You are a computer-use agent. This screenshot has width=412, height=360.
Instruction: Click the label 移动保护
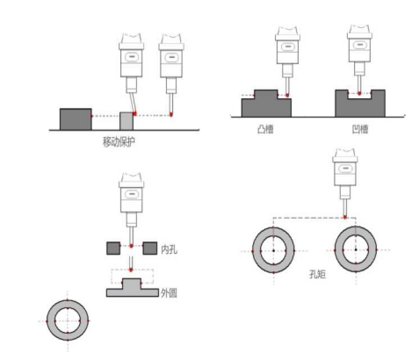tap(119, 142)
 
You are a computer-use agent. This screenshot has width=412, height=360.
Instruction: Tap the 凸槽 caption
tap(265, 129)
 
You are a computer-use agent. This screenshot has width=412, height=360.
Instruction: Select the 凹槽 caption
tap(360, 129)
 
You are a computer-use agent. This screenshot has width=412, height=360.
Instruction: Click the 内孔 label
tap(169, 249)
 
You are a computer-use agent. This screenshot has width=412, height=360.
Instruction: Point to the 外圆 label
tap(169, 292)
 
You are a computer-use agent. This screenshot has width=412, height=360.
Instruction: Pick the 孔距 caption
tap(317, 274)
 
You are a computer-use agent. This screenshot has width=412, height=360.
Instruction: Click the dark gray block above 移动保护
tap(76, 119)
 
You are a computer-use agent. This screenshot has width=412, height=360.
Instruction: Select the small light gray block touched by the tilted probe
tap(126, 121)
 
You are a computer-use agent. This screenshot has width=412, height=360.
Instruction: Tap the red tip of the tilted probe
tap(134, 113)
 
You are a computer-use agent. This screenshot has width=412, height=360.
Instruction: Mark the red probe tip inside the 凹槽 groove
tap(359, 93)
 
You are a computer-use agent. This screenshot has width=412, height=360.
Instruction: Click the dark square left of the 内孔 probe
tap(113, 248)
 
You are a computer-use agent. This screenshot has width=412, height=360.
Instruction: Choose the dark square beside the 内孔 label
tap(150, 248)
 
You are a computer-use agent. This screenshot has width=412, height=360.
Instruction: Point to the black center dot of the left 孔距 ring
tap(273, 250)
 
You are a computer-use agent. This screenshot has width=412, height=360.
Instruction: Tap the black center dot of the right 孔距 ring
tap(356, 249)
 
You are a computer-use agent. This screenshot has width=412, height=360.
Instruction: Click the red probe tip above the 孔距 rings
tap(345, 217)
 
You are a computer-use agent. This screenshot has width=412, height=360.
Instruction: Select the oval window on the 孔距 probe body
tap(345, 169)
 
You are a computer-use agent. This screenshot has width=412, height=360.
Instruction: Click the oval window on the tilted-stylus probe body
tap(132, 56)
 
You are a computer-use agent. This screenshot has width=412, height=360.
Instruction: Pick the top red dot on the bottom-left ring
tap(68, 300)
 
